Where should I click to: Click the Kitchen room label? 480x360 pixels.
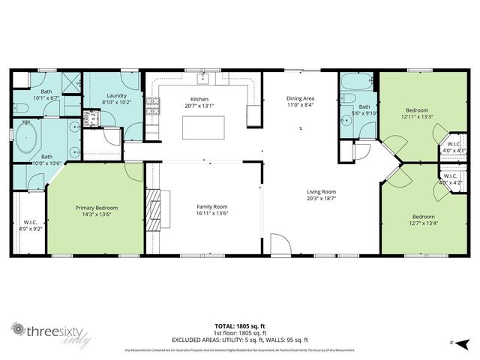[x=199, y=99]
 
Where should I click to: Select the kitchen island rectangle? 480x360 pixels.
[x=204, y=127]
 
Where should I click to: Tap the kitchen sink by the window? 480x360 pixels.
[x=203, y=78]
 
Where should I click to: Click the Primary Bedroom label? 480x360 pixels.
[x=97, y=208]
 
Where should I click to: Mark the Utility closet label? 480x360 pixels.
[x=86, y=118]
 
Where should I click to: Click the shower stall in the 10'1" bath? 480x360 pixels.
[x=69, y=82]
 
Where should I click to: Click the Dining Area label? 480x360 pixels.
[x=300, y=99]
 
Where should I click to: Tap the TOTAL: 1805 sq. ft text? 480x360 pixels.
[x=240, y=325]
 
